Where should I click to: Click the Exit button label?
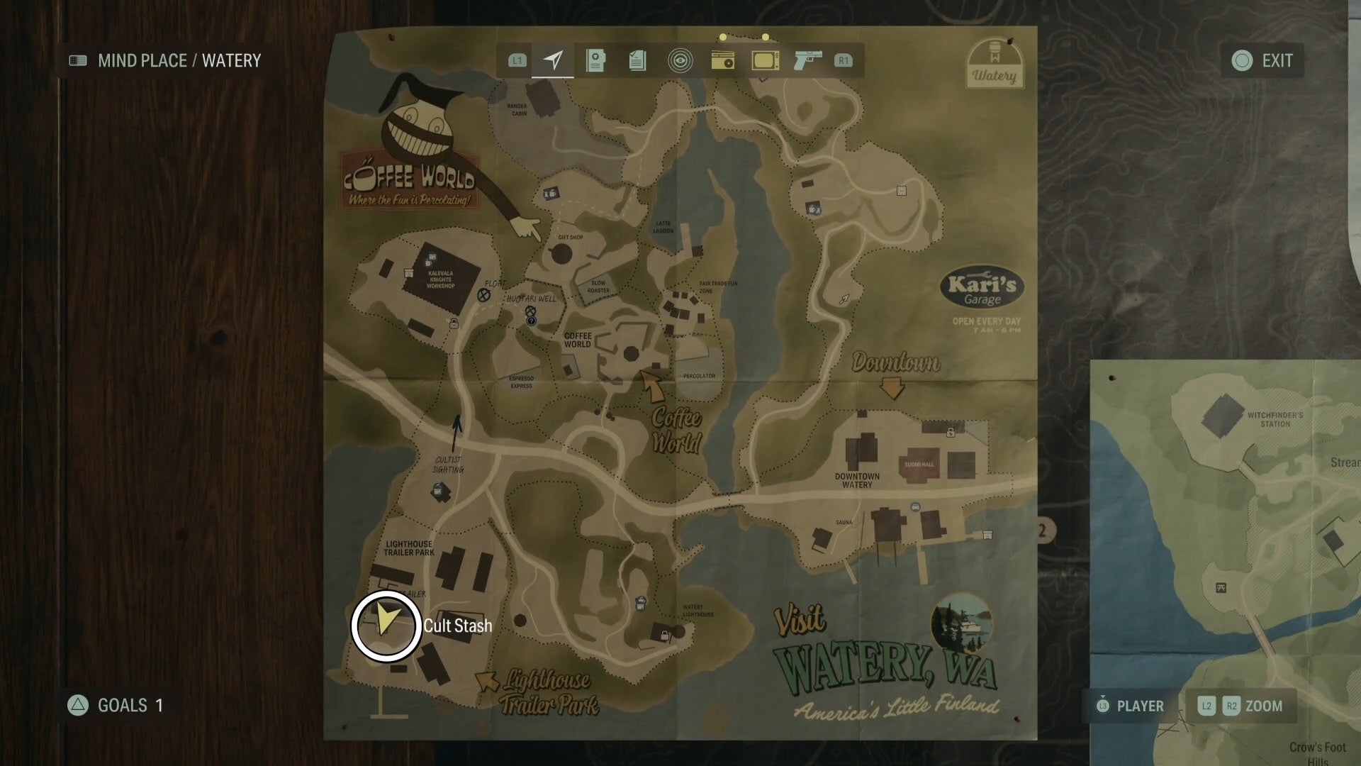point(1277,61)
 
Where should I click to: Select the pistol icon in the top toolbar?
point(807,60)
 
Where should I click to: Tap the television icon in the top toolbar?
point(766,60)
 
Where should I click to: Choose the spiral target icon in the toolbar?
point(680,60)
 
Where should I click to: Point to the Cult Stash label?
point(457,626)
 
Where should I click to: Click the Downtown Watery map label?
point(857,480)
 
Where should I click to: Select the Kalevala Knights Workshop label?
point(440,279)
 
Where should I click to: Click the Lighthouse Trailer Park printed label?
point(409,548)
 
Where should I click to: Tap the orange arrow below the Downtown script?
point(892,388)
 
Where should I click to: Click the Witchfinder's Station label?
point(1275,419)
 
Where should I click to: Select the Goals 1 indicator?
point(118,705)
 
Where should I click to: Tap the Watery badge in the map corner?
point(994,65)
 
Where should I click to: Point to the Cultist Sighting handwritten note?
point(448,465)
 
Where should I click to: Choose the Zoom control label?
point(1263,706)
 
